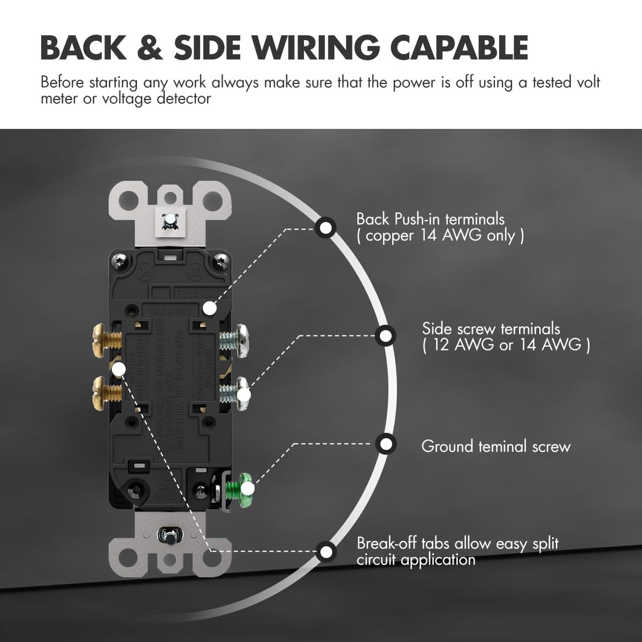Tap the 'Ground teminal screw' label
coord(496,446)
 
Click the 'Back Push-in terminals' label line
coord(430,219)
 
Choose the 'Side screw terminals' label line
coord(490,329)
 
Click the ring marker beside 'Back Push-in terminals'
coord(326,227)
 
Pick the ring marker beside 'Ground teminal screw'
coord(386,444)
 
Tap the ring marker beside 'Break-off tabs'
coord(326,551)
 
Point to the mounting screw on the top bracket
coord(170,220)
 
